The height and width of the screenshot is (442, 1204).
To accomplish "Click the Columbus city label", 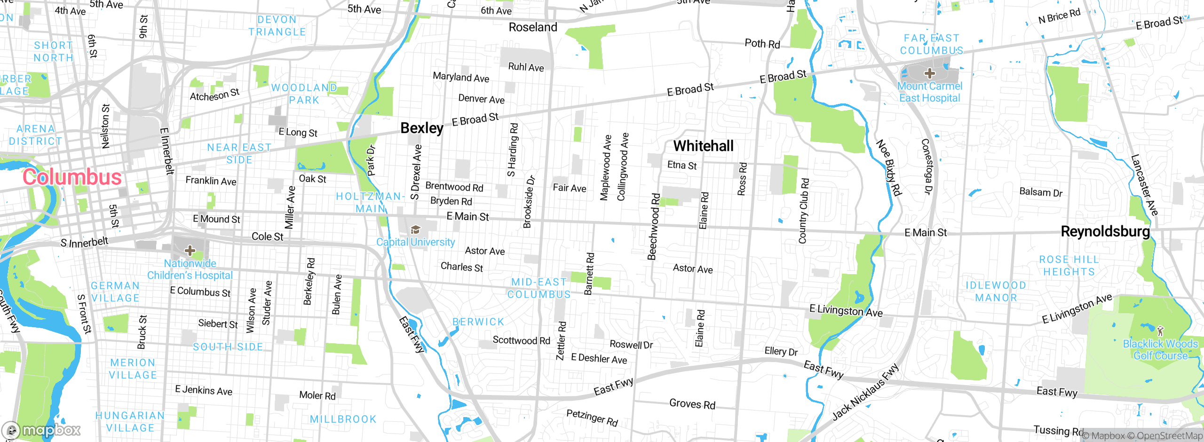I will pos(72,177).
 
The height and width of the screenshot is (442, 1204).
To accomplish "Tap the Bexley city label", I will pos(422,128).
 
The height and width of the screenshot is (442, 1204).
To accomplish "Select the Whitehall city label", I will pos(703,146).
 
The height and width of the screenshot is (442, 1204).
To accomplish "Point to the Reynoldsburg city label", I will pos(1105,231).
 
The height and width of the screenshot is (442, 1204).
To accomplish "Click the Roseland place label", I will pos(533,27).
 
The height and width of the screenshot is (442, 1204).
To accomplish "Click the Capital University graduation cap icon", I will pos(415,229).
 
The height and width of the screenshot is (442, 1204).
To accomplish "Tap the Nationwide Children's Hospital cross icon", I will pos(190,250).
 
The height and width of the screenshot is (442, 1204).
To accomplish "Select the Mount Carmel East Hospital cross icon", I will pos(929,73).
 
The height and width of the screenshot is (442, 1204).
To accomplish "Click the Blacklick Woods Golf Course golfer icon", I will pos(1160,330).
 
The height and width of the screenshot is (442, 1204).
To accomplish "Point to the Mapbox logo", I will pos(41,430).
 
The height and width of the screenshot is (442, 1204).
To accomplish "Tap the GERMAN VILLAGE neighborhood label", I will pos(115,292).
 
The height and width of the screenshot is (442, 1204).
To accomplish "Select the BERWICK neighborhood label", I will pos(478,322).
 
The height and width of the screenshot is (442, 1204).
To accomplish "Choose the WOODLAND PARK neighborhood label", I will pos(304,94).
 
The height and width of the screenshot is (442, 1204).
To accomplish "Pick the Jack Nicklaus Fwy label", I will pos(865,391).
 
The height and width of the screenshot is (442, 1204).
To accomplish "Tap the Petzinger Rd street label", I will pos(592,417).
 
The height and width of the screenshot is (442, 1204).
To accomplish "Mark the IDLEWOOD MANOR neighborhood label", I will pos(996,292).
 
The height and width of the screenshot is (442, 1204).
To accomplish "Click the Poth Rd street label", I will pos(762,44).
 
